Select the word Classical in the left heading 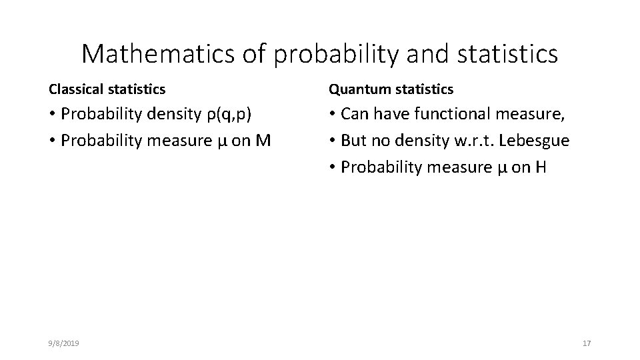[x=73, y=89]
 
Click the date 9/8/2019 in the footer [x=64, y=343]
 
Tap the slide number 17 [x=587, y=343]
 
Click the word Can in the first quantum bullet [x=355, y=113]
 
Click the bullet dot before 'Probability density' [x=52, y=114]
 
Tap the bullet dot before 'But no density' [x=332, y=141]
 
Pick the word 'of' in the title [x=255, y=54]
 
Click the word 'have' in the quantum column [x=392, y=113]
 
